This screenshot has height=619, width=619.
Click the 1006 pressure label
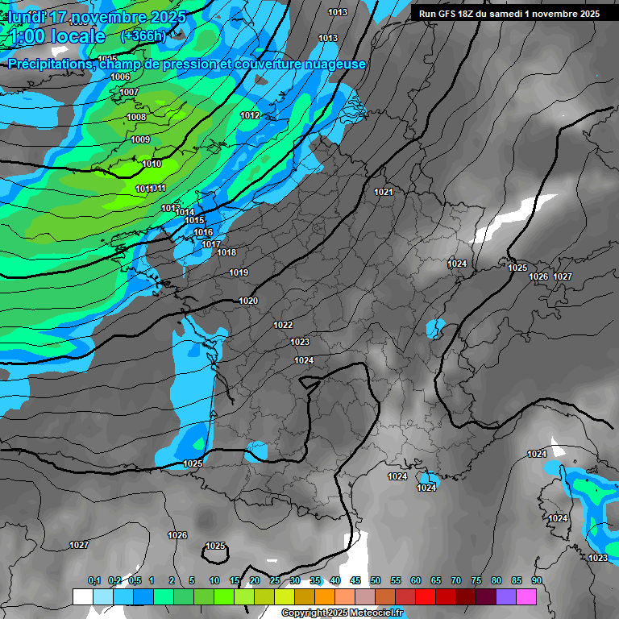coord(120,77)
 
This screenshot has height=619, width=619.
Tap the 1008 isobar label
coord(136,117)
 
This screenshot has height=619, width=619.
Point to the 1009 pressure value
coord(140,139)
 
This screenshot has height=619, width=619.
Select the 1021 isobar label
coord(384,192)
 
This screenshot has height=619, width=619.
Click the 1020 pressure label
coord(248,301)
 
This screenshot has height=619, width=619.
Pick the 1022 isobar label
coord(283,325)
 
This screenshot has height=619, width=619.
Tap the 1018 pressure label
coord(226,252)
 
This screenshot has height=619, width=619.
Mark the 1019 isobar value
coord(239,272)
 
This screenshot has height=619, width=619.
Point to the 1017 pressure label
coord(211,244)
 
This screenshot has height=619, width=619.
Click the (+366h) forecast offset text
coord(143,36)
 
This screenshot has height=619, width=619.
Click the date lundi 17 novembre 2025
coord(97,17)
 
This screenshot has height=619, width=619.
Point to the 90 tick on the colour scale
coord(537,580)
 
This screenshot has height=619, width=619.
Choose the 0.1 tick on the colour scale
coord(94,580)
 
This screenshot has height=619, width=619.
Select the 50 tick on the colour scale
coord(376,580)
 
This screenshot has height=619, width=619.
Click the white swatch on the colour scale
coord(83,596)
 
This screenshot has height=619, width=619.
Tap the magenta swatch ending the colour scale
coord(526,596)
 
